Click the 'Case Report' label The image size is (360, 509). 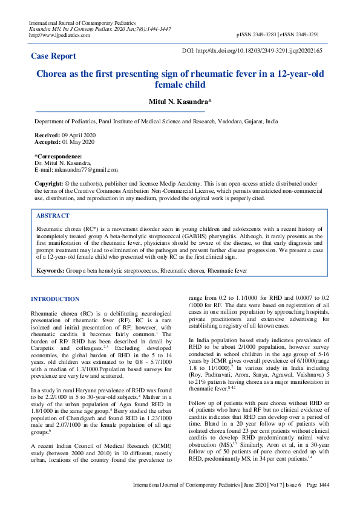coord(54,56)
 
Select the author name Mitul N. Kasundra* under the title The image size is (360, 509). coord(180,102)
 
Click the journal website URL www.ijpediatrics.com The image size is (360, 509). coord(60,36)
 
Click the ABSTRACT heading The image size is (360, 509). coord(53,216)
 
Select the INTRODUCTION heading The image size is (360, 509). coord(55,299)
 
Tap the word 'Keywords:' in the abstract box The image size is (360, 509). coord(50,271)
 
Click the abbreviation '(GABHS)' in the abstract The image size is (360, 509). coord(198,237)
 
